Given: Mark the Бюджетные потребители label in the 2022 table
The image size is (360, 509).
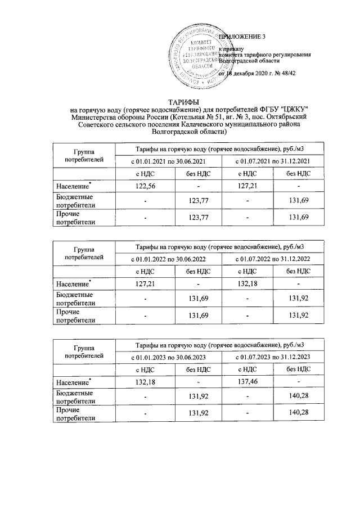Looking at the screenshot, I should (x=74, y=299).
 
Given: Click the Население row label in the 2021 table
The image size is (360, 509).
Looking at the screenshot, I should (x=73, y=186).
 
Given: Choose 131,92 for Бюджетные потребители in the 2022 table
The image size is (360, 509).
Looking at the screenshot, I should (x=298, y=299).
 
